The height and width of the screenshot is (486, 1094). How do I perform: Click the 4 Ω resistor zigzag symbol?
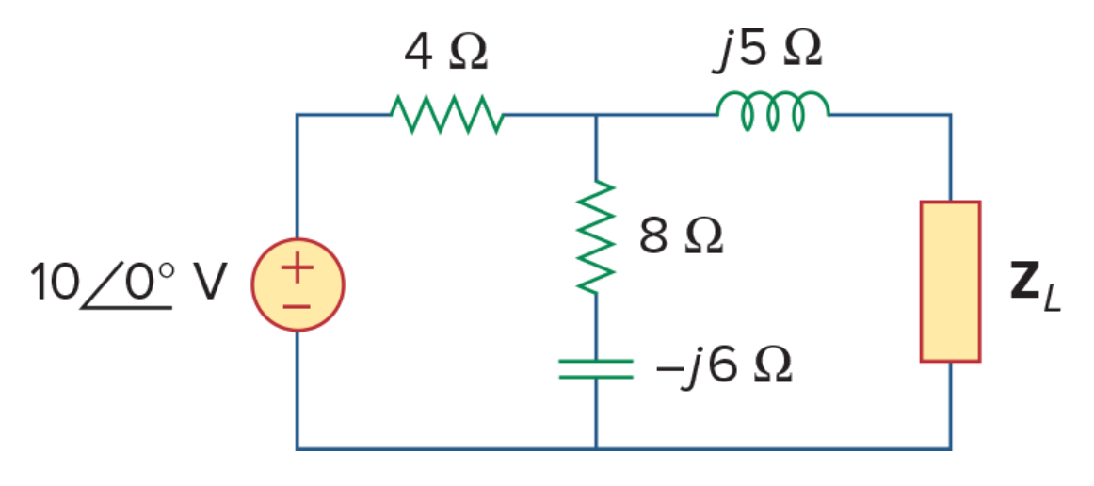click(446, 115)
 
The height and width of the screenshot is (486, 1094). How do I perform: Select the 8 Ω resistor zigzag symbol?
click(596, 236)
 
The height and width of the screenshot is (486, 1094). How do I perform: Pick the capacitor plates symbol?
click(596, 368)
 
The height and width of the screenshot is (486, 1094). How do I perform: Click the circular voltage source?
click(298, 284)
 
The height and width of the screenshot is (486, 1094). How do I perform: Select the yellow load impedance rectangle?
click(950, 282)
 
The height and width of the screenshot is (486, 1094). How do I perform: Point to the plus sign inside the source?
click(298, 269)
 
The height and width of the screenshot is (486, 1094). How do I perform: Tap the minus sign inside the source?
click(298, 306)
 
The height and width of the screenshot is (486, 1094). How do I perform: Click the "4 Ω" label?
click(446, 53)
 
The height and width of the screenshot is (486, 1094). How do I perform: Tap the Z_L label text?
click(1036, 287)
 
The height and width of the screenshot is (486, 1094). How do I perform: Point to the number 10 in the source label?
click(53, 282)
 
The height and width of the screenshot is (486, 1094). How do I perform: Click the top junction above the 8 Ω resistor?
click(596, 115)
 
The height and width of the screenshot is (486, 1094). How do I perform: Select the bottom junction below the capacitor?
click(596, 449)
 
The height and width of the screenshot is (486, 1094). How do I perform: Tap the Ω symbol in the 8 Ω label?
click(703, 237)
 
